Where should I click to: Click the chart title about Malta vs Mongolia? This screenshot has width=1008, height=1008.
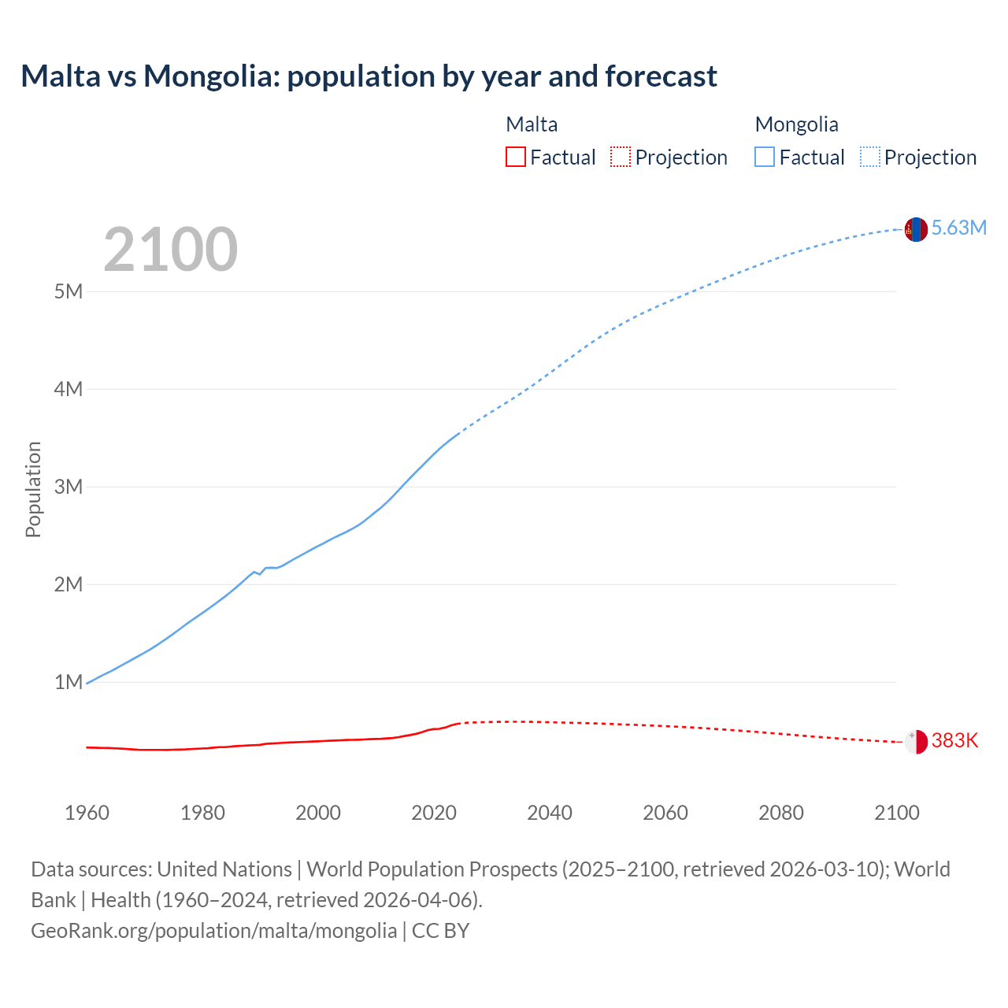(369, 76)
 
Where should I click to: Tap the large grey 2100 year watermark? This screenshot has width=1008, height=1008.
(170, 250)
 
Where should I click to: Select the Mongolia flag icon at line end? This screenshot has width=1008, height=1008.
(916, 229)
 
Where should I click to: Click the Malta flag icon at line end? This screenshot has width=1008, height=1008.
(916, 742)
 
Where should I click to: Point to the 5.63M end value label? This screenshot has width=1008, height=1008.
(958, 228)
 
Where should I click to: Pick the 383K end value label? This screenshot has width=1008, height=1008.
(954, 741)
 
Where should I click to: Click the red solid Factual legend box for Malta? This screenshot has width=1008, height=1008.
(516, 157)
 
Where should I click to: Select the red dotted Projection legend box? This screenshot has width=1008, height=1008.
(621, 157)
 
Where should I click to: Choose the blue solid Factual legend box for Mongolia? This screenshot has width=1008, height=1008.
(765, 157)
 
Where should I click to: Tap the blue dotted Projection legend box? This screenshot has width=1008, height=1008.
(870, 157)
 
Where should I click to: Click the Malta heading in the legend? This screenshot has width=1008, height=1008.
(532, 124)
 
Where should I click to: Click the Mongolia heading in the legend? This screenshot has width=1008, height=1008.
(796, 124)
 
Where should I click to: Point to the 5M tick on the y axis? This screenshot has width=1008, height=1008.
(69, 291)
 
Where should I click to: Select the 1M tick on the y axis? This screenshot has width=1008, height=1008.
(69, 682)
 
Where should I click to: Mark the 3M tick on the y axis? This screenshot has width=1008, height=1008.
(69, 487)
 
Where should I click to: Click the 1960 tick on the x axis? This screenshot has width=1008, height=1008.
(87, 813)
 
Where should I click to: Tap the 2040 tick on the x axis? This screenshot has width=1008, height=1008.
(550, 813)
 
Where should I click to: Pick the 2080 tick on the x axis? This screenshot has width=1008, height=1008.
(781, 813)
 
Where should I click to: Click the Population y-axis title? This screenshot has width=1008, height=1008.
(33, 489)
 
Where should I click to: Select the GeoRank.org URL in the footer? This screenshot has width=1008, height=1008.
(213, 931)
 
